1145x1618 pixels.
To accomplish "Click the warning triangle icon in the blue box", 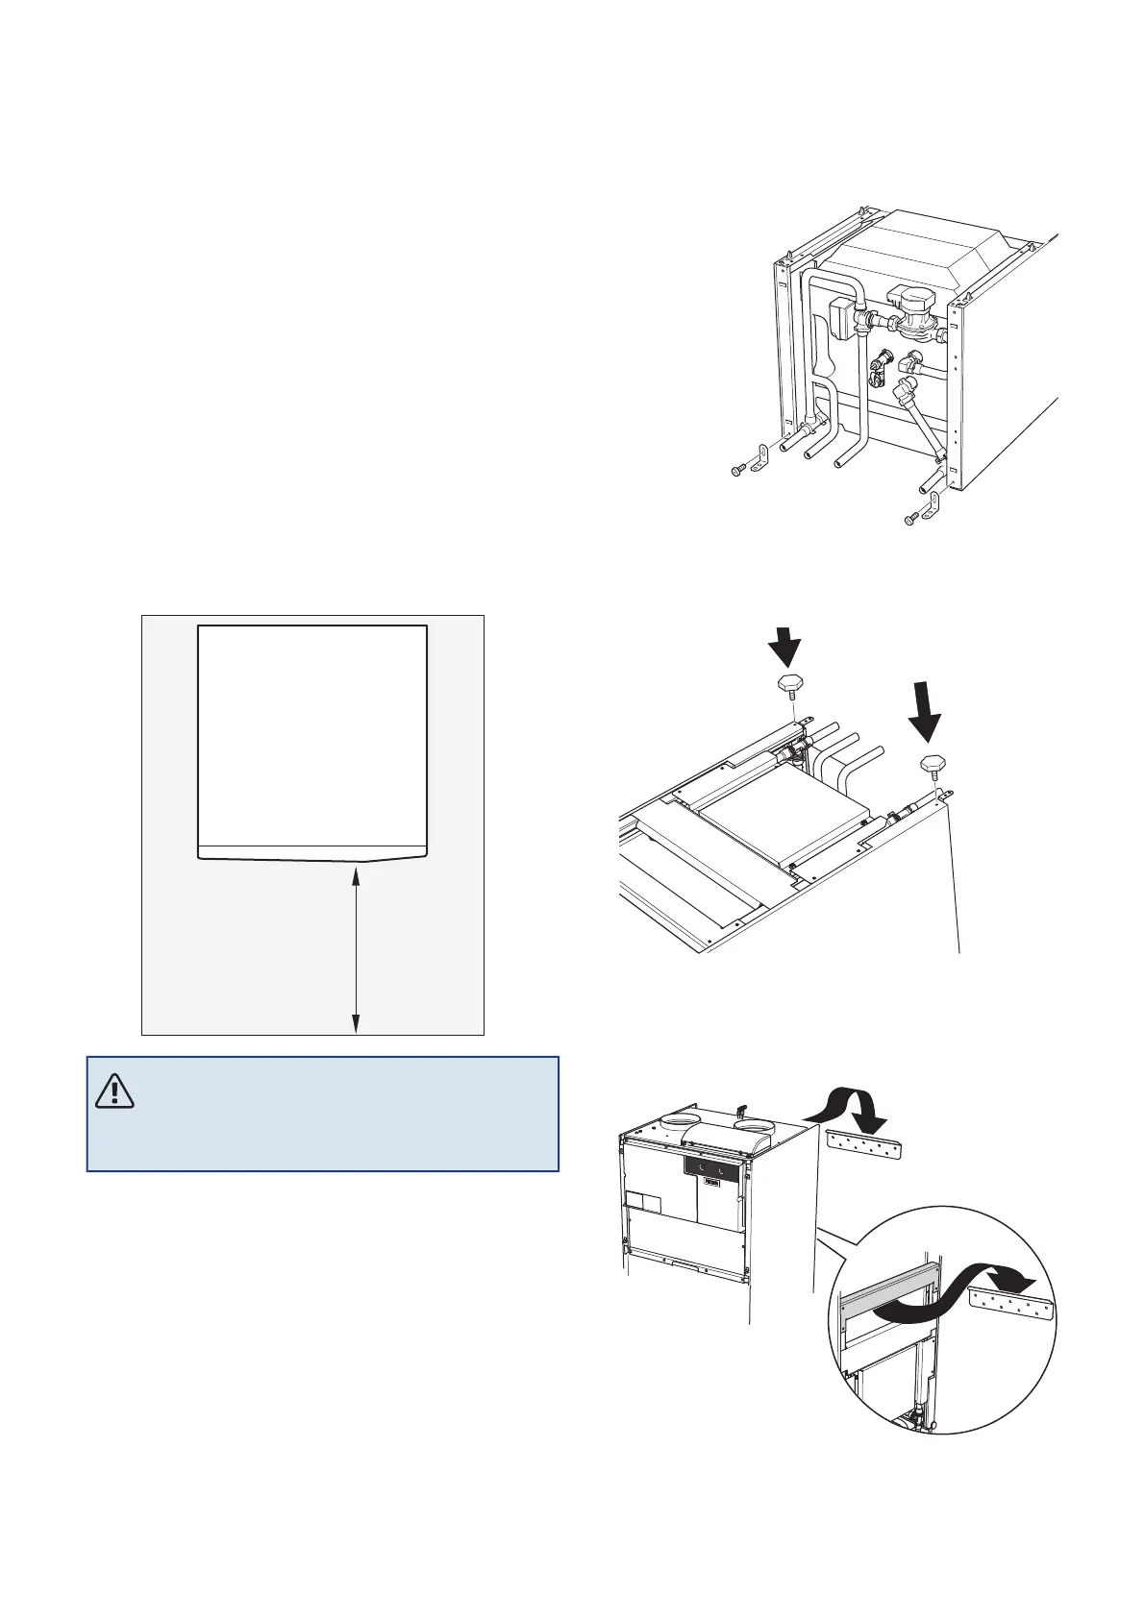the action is [115, 1091].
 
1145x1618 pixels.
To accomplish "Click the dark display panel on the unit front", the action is [710, 1167].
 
